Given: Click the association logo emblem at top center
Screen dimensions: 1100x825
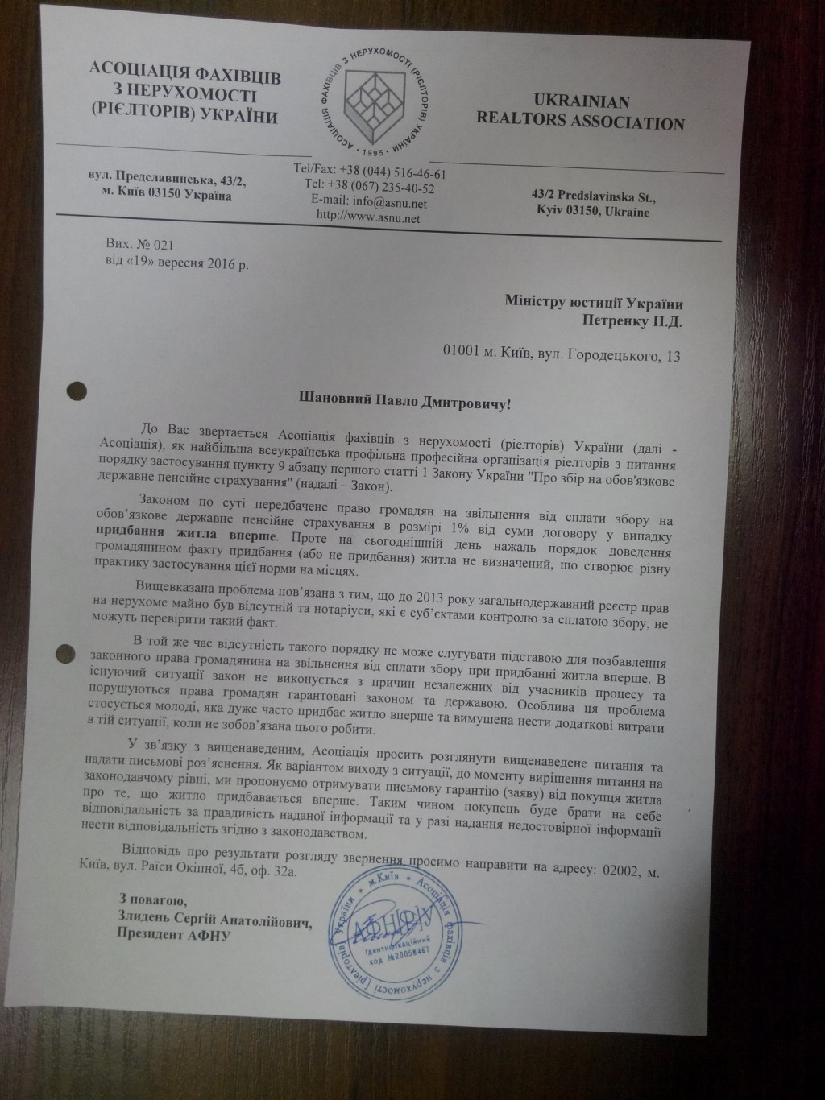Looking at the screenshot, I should (x=375, y=97).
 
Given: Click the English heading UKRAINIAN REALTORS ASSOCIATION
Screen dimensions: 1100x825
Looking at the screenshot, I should (x=580, y=112).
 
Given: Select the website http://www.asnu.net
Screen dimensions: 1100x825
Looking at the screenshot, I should (x=362, y=216).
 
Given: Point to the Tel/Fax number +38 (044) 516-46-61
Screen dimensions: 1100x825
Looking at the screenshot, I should (x=393, y=173).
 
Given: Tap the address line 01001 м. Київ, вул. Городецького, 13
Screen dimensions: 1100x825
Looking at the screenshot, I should (x=562, y=354).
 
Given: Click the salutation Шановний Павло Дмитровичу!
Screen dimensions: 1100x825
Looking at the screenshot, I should (x=404, y=400).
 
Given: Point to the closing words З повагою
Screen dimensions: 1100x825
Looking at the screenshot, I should (x=151, y=900).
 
